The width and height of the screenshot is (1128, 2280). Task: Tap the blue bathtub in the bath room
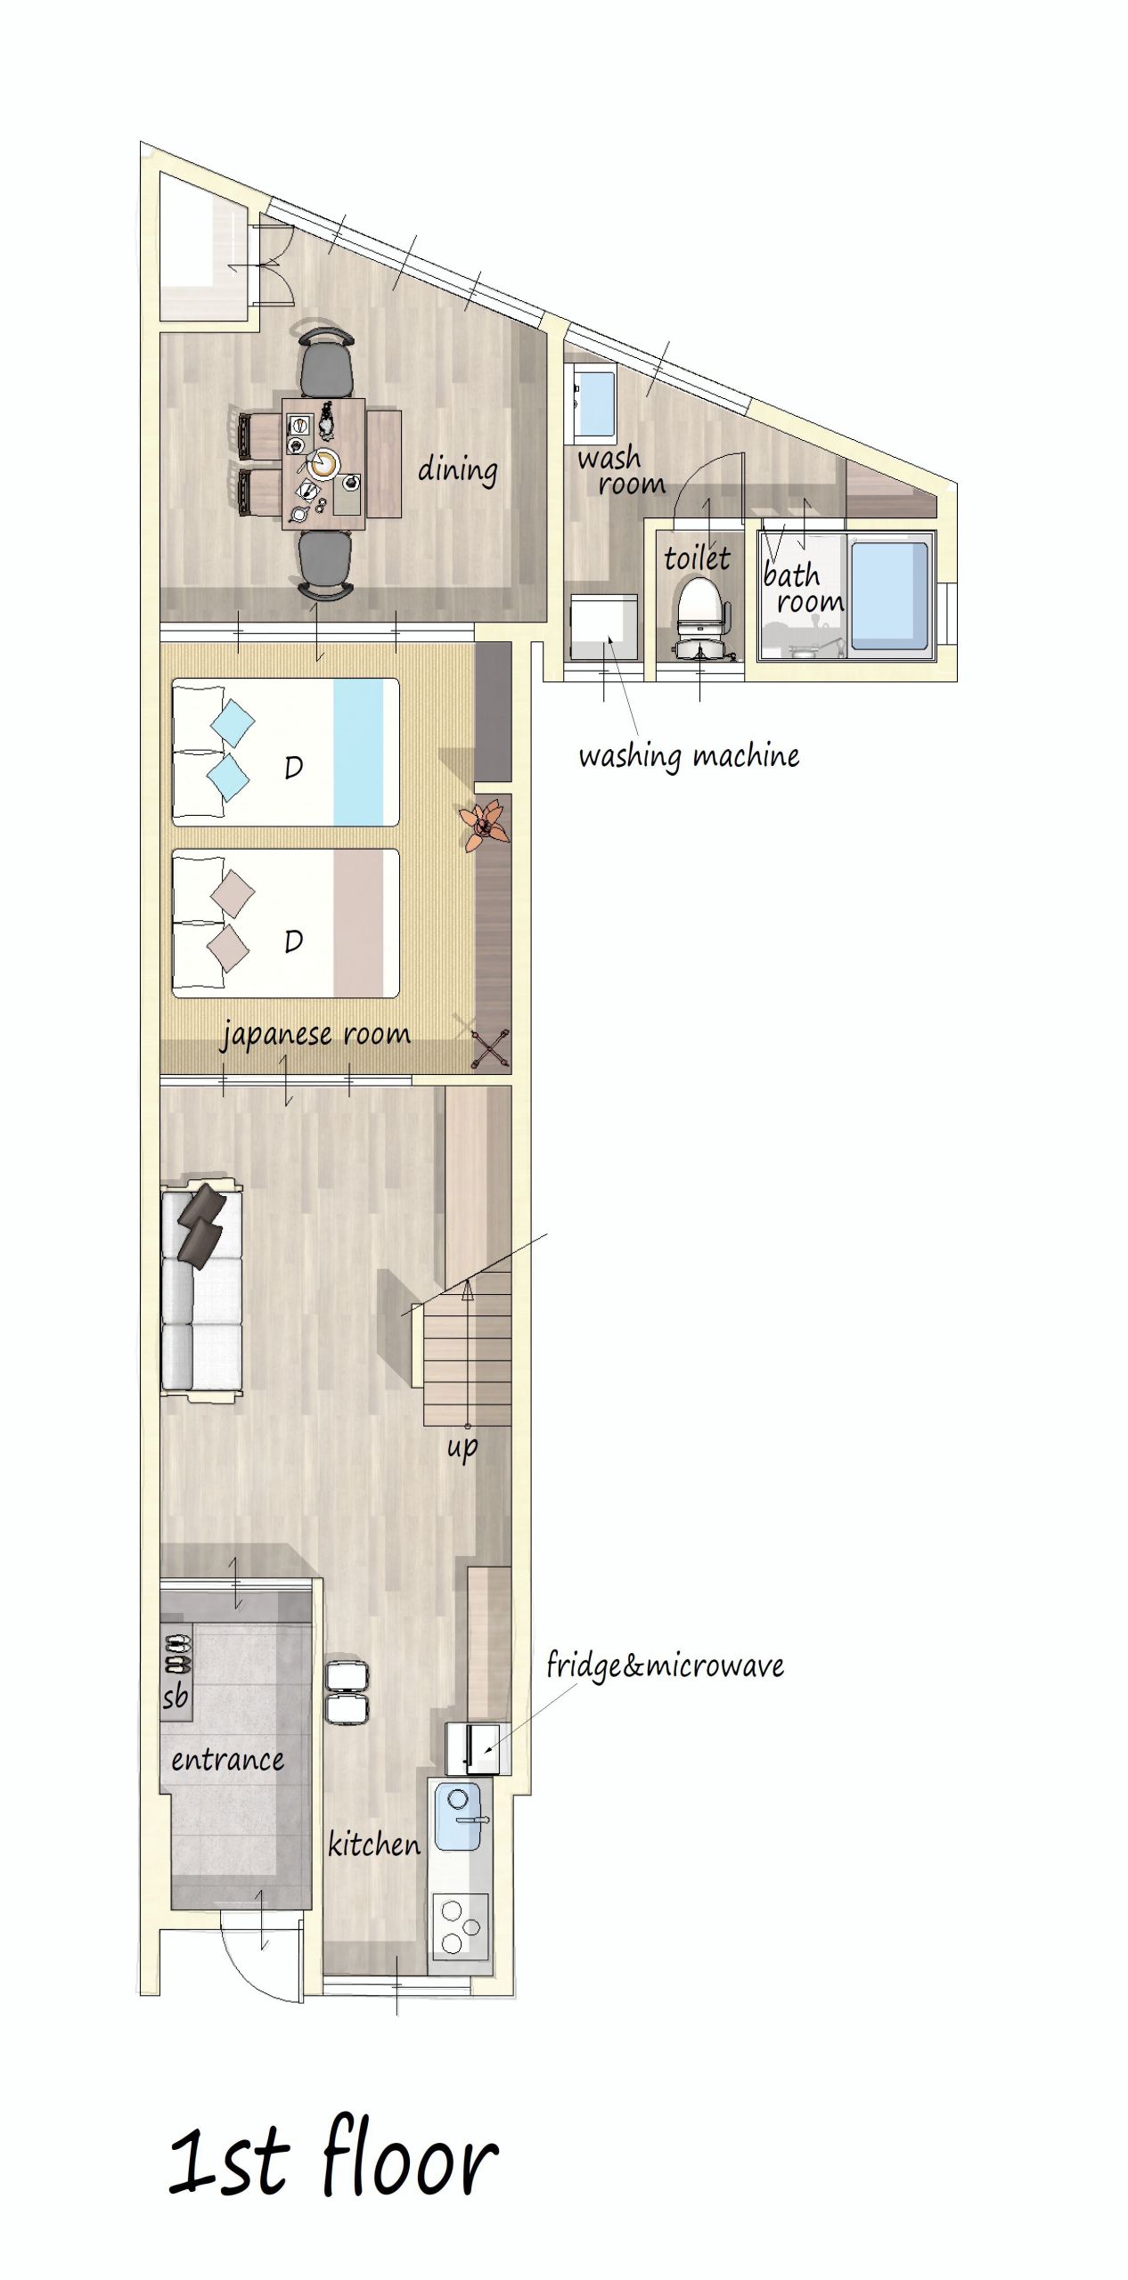888,595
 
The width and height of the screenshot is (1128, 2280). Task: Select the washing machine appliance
604,627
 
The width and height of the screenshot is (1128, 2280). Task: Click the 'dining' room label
458,469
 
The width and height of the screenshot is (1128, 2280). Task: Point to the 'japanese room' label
316,1035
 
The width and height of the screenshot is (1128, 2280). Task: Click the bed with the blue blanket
285,753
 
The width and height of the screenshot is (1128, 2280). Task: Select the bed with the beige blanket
285,923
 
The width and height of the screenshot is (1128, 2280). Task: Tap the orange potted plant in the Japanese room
483,824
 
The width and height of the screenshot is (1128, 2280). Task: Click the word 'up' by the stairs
462,1446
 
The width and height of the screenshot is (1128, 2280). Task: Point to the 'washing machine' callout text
689,756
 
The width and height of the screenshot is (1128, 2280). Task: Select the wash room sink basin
594,403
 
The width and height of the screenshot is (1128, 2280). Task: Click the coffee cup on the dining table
324,462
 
